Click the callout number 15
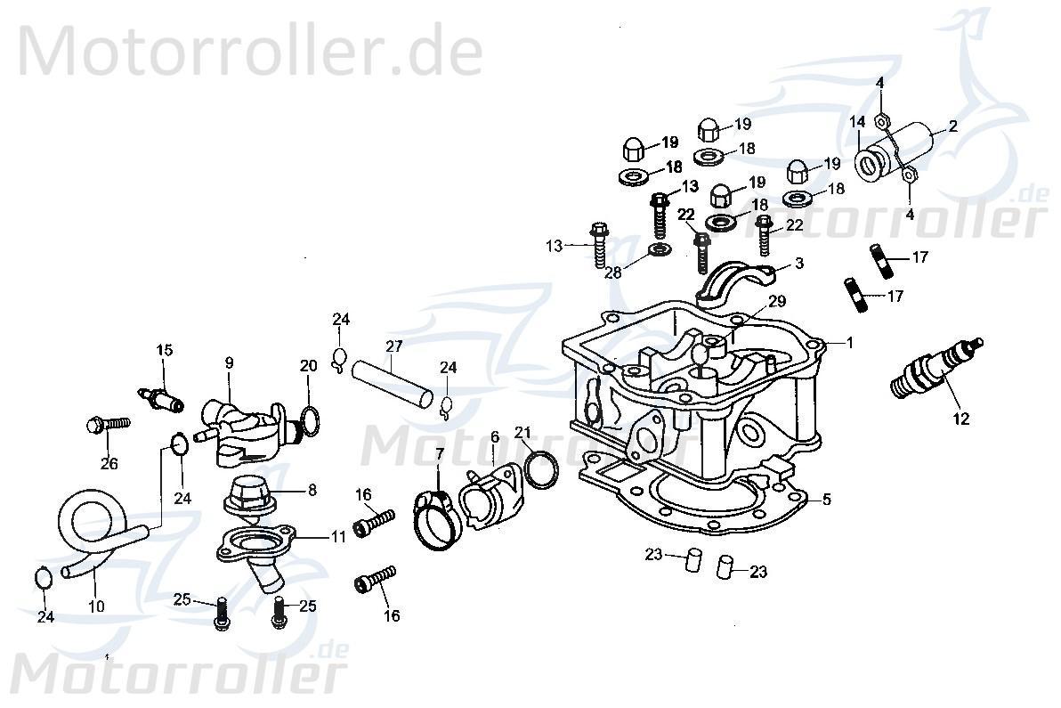click(x=164, y=349)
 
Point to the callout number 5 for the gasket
click(x=826, y=500)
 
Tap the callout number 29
click(x=777, y=302)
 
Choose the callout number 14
click(x=856, y=122)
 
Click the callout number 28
click(x=613, y=273)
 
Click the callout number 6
click(x=494, y=437)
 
